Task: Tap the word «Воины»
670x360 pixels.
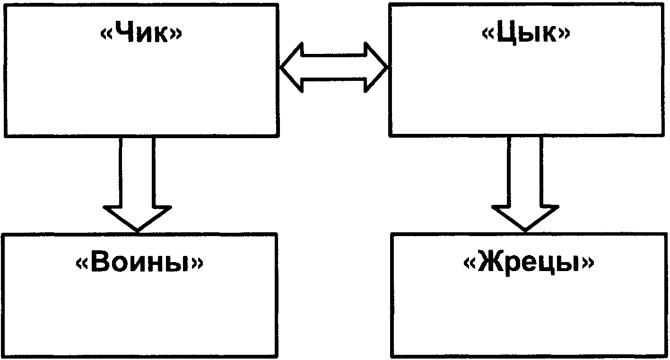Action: click(139, 262)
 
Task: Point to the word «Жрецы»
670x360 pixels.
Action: click(529, 263)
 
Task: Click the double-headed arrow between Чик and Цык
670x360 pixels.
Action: click(334, 67)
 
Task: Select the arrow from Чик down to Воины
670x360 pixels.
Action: click(137, 184)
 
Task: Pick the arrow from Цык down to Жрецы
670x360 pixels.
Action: click(525, 184)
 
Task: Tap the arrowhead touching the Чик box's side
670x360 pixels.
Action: click(291, 67)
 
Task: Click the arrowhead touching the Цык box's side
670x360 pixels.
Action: click(376, 67)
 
